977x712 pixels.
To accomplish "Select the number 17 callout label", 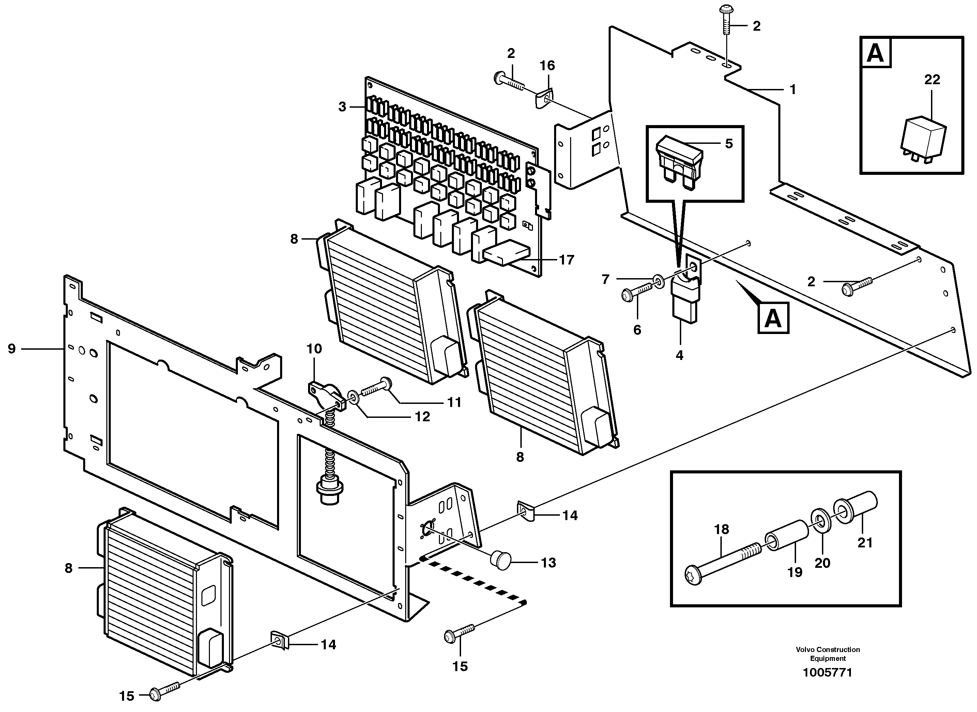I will coord(566,260).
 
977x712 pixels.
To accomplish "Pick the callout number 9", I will coord(12,349).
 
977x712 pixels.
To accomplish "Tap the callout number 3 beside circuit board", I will coord(342,106).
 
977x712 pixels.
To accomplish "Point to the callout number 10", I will coord(314,349).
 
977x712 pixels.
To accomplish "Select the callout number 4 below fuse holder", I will coord(679,355).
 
